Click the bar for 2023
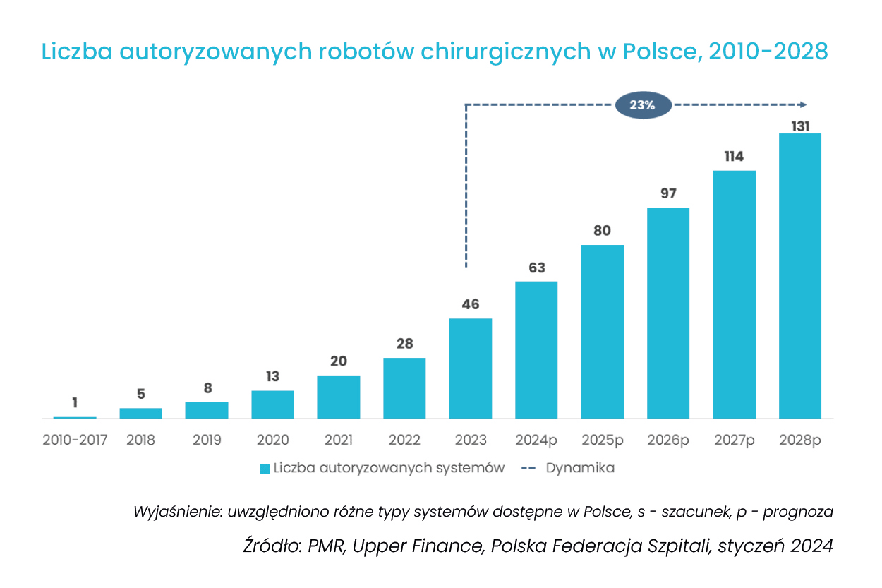471,368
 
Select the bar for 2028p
800,276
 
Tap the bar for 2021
339,397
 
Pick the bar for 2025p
602,332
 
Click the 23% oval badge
643,105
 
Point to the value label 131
800,126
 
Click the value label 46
471,305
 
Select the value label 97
668,193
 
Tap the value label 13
273,377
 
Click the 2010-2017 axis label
75,440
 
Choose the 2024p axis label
536,440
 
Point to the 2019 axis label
207,440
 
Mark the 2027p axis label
734,440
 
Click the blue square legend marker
265,469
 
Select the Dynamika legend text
580,468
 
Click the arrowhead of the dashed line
804,105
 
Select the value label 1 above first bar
75,403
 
